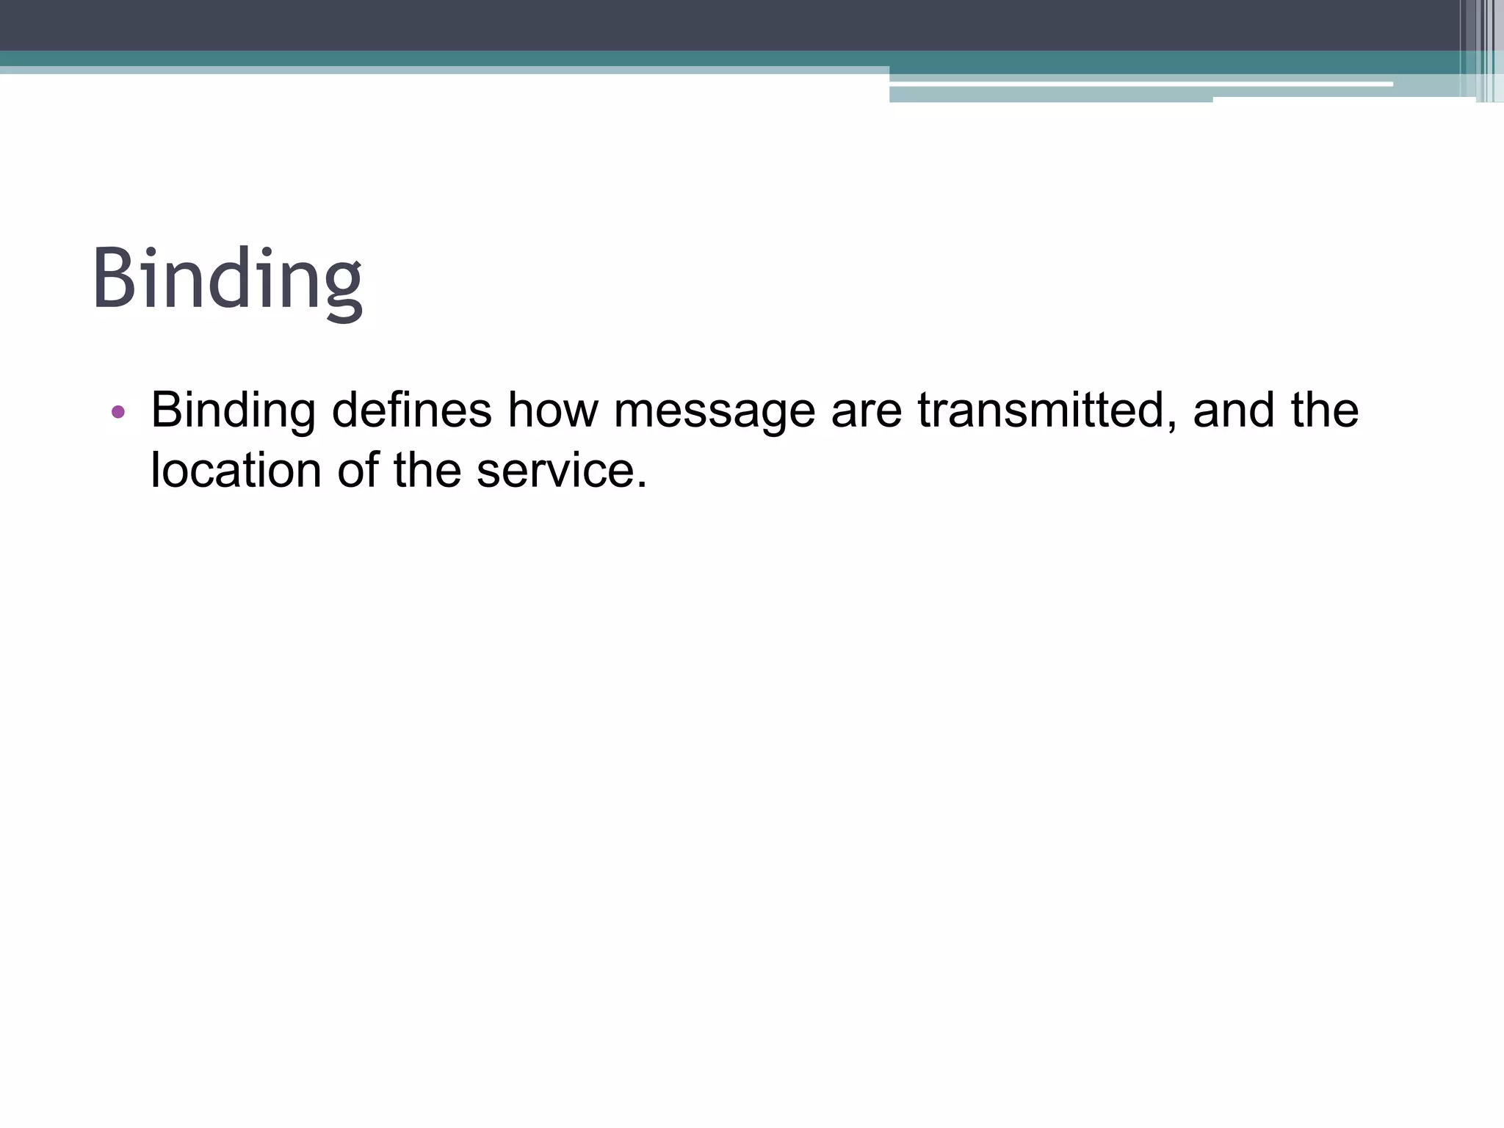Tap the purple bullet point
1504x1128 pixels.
[x=118, y=412]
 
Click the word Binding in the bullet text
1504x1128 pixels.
[x=233, y=411]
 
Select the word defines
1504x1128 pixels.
[x=411, y=410]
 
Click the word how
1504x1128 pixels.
[x=553, y=410]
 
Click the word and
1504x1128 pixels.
[x=1233, y=410]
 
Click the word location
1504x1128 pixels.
[x=236, y=470]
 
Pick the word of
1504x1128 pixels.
[x=358, y=470]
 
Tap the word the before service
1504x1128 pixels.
[x=427, y=470]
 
